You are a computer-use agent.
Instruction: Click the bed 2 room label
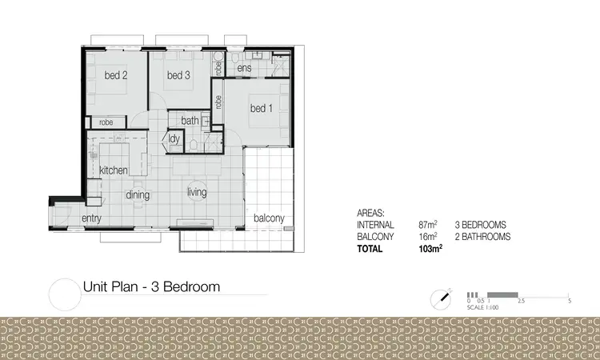tap(117, 76)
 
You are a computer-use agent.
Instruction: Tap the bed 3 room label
tap(178, 76)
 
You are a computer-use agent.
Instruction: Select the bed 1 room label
tap(262, 108)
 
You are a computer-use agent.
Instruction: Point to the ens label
tap(245, 70)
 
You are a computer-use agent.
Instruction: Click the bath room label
tap(190, 121)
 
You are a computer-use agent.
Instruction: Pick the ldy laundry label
tap(174, 138)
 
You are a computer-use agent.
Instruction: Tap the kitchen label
tap(114, 170)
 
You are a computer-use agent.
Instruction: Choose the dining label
tap(138, 194)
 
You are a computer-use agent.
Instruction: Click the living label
tap(197, 192)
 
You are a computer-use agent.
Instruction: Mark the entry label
tap(91, 218)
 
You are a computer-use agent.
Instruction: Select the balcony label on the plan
tap(269, 218)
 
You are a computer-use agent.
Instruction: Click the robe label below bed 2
tap(106, 122)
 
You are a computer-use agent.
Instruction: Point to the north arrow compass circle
tap(440, 298)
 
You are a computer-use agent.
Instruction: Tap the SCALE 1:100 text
tap(482, 307)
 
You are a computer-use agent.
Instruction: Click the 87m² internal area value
tap(427, 226)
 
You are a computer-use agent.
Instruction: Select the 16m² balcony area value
tap(427, 237)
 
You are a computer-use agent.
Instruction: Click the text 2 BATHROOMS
tap(482, 237)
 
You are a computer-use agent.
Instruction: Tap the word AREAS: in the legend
tap(370, 214)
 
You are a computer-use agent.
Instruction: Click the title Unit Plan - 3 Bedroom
tap(151, 286)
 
